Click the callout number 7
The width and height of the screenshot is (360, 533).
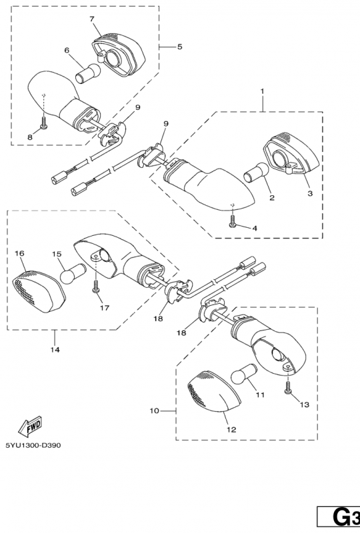pyautogui.click(x=92, y=19)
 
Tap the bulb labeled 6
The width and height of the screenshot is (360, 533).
pyautogui.click(x=88, y=73)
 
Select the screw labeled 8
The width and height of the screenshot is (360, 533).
pyautogui.click(x=44, y=123)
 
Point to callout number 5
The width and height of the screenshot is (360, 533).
pyautogui.click(x=179, y=47)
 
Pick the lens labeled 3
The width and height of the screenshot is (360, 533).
pyautogui.click(x=291, y=154)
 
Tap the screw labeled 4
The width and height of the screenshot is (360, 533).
pyautogui.click(x=233, y=221)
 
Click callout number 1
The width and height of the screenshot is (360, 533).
pyautogui.click(x=263, y=91)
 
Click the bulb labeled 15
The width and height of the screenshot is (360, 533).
pyautogui.click(x=73, y=273)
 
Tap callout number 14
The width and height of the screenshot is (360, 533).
pyautogui.click(x=55, y=349)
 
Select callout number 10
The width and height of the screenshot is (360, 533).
pyautogui.click(x=154, y=411)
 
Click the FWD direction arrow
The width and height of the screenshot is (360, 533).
pyautogui.click(x=30, y=426)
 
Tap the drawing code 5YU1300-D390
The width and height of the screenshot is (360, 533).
pyautogui.click(x=33, y=445)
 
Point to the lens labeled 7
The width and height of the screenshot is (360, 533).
pyautogui.click(x=119, y=55)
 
